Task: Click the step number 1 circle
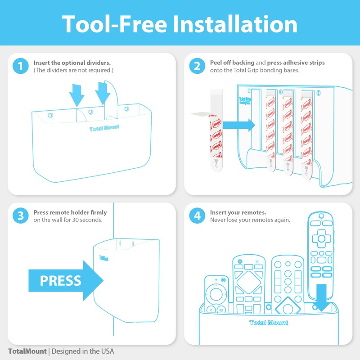[x=20, y=67]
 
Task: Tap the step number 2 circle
[x=197, y=67]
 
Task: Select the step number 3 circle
[x=20, y=216]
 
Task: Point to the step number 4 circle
[x=197, y=216]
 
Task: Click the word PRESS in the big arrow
[x=60, y=280]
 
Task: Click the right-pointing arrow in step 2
[x=238, y=125]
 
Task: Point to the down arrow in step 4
[x=322, y=297]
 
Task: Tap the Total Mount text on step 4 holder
[x=269, y=323]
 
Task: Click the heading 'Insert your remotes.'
[x=238, y=212]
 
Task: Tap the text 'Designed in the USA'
[x=83, y=351]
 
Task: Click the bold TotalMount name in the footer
[x=27, y=351]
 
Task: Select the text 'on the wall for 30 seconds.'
[x=68, y=220]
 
